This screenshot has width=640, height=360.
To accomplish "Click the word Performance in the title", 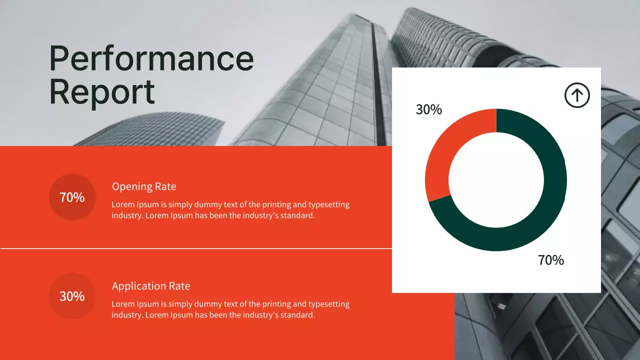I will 151,59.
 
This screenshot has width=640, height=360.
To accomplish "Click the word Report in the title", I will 102,92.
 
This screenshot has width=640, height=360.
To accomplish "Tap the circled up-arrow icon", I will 577,95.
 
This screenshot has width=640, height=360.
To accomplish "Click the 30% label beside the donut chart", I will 429,109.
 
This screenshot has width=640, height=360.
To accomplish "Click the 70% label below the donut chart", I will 551,260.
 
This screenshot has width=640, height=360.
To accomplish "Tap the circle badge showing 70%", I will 72,197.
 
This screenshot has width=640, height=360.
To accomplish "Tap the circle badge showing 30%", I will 72,296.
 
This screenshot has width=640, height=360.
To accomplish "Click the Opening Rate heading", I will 144,186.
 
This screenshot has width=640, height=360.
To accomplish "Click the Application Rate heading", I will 151,286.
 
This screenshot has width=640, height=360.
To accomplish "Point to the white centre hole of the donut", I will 496,180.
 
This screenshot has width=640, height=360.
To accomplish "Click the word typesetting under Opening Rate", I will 328,204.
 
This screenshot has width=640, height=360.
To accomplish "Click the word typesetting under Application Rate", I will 328,304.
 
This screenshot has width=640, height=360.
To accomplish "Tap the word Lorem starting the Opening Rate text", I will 122,204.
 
